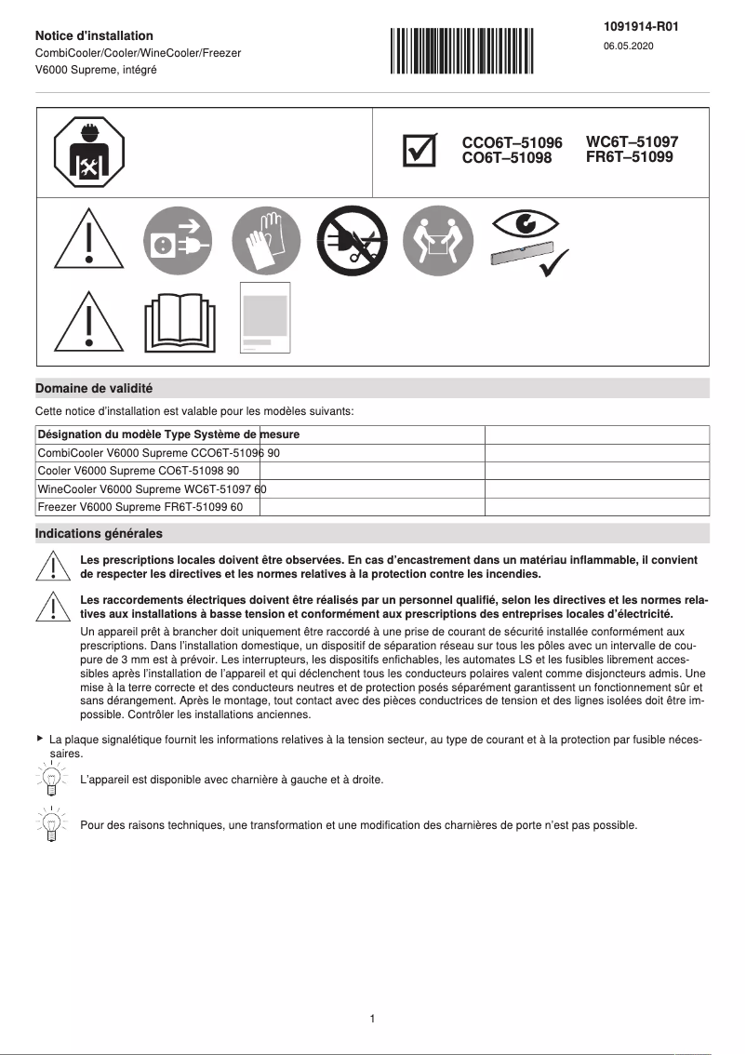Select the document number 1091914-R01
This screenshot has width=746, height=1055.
coord(641,27)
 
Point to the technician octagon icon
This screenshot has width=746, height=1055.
coord(90,152)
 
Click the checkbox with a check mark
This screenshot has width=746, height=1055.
coord(420,151)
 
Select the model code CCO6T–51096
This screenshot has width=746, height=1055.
coord(512,143)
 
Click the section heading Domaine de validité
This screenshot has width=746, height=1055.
coord(94,388)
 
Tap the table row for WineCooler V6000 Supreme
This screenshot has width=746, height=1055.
coord(152,488)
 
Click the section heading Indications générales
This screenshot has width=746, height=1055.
coord(99,534)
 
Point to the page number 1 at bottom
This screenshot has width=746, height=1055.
coord(372,1019)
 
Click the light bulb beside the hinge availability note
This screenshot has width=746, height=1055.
coord(52,777)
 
